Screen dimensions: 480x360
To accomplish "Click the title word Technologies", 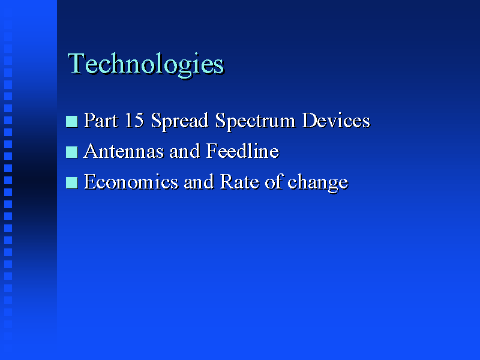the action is (x=146, y=64).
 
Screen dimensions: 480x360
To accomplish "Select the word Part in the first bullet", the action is (x=101, y=120).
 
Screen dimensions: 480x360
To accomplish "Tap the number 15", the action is (x=134, y=120).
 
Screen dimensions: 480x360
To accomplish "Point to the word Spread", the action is (x=179, y=121).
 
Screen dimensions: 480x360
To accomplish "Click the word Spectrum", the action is (x=256, y=121).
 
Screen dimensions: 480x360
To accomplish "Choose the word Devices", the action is (x=336, y=120).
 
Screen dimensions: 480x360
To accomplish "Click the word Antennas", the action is (x=124, y=151).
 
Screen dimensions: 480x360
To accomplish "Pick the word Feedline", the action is (x=242, y=151).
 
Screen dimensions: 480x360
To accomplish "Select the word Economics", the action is (x=131, y=182).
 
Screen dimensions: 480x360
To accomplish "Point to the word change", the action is (x=318, y=183).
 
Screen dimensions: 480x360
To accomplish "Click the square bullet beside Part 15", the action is (x=71, y=122).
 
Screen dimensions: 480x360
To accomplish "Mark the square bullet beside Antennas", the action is (x=71, y=152).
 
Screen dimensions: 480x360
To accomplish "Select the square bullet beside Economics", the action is (x=71, y=183).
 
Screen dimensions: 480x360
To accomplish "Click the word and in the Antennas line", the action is (x=185, y=151).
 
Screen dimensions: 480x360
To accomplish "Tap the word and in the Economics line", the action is (x=199, y=182).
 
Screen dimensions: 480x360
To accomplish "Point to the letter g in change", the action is (x=332, y=185).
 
